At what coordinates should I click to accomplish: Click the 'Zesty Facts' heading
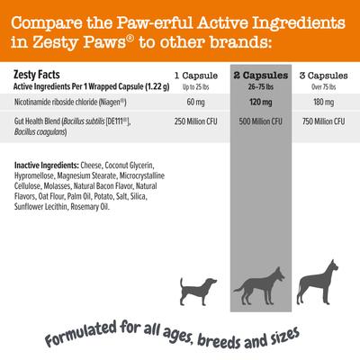click(x=40, y=76)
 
